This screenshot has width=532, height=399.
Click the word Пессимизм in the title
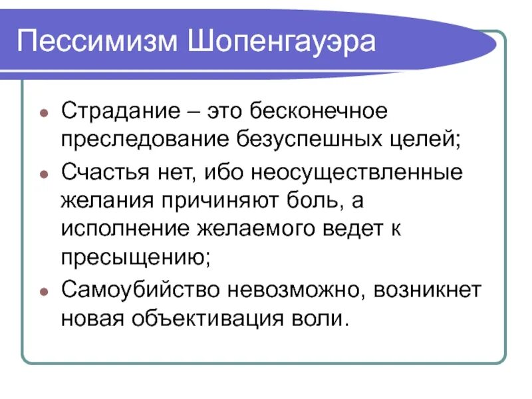point(99,43)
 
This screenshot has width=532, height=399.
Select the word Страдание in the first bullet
point(117,111)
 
